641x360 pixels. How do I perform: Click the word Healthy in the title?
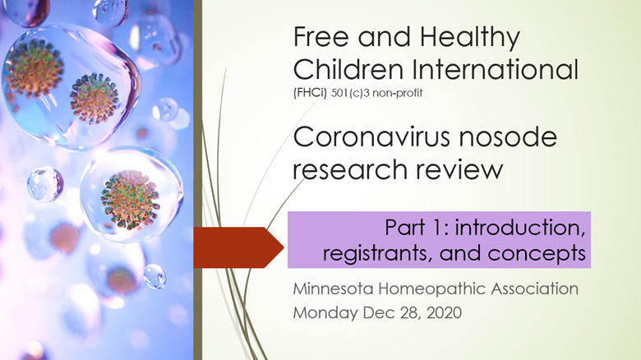[x=470, y=38]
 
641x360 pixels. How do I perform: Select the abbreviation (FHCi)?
[x=310, y=93]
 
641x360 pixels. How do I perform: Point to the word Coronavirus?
[x=372, y=136]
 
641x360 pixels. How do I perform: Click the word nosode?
[x=508, y=136]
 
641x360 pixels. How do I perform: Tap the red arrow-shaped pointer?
[x=238, y=247]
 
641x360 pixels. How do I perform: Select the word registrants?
[x=378, y=254]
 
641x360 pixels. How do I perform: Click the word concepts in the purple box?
[x=537, y=254]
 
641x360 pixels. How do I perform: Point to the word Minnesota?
[x=333, y=288]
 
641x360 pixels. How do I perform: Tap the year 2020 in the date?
[x=444, y=313]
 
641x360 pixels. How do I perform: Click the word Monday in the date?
[x=325, y=314]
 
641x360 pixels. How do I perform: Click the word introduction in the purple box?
[x=520, y=228]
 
